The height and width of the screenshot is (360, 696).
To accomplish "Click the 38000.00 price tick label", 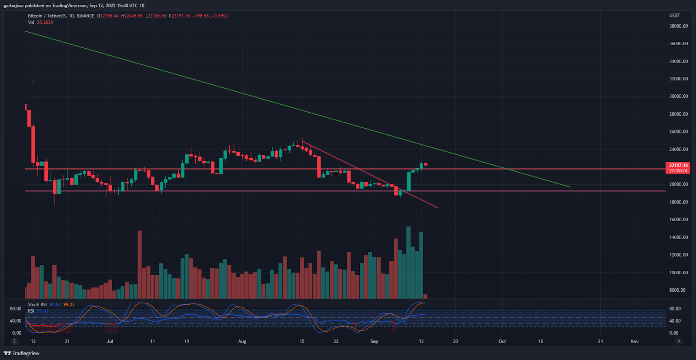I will click(x=678, y=26).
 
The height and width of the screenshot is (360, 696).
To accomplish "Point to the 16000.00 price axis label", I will click(x=678, y=220).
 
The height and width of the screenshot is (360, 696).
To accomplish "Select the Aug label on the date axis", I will click(x=242, y=341).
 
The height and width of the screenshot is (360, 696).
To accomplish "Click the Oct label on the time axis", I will click(x=502, y=341).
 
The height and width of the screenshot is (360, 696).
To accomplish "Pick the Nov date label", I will click(x=634, y=341).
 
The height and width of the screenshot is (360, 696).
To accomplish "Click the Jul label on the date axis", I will click(x=110, y=341).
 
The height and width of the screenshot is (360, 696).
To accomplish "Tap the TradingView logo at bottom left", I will click(x=21, y=353).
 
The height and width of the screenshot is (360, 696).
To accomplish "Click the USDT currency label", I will click(x=674, y=16).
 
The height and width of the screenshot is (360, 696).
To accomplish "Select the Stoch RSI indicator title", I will click(x=37, y=304).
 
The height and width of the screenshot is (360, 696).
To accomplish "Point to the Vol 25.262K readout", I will click(x=40, y=22).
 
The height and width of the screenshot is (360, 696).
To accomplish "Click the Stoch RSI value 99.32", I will click(x=69, y=304).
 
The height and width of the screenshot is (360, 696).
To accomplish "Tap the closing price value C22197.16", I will click(x=180, y=16).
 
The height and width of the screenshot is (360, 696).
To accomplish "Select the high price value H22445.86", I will click(x=132, y=16).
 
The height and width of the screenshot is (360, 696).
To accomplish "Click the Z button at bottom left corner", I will click(x=14, y=341).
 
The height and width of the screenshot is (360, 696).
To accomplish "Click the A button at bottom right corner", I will click(x=679, y=341).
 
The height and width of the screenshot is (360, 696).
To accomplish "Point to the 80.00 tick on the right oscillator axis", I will click(x=675, y=309).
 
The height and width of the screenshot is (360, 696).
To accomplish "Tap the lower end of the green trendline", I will click(x=570, y=187).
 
